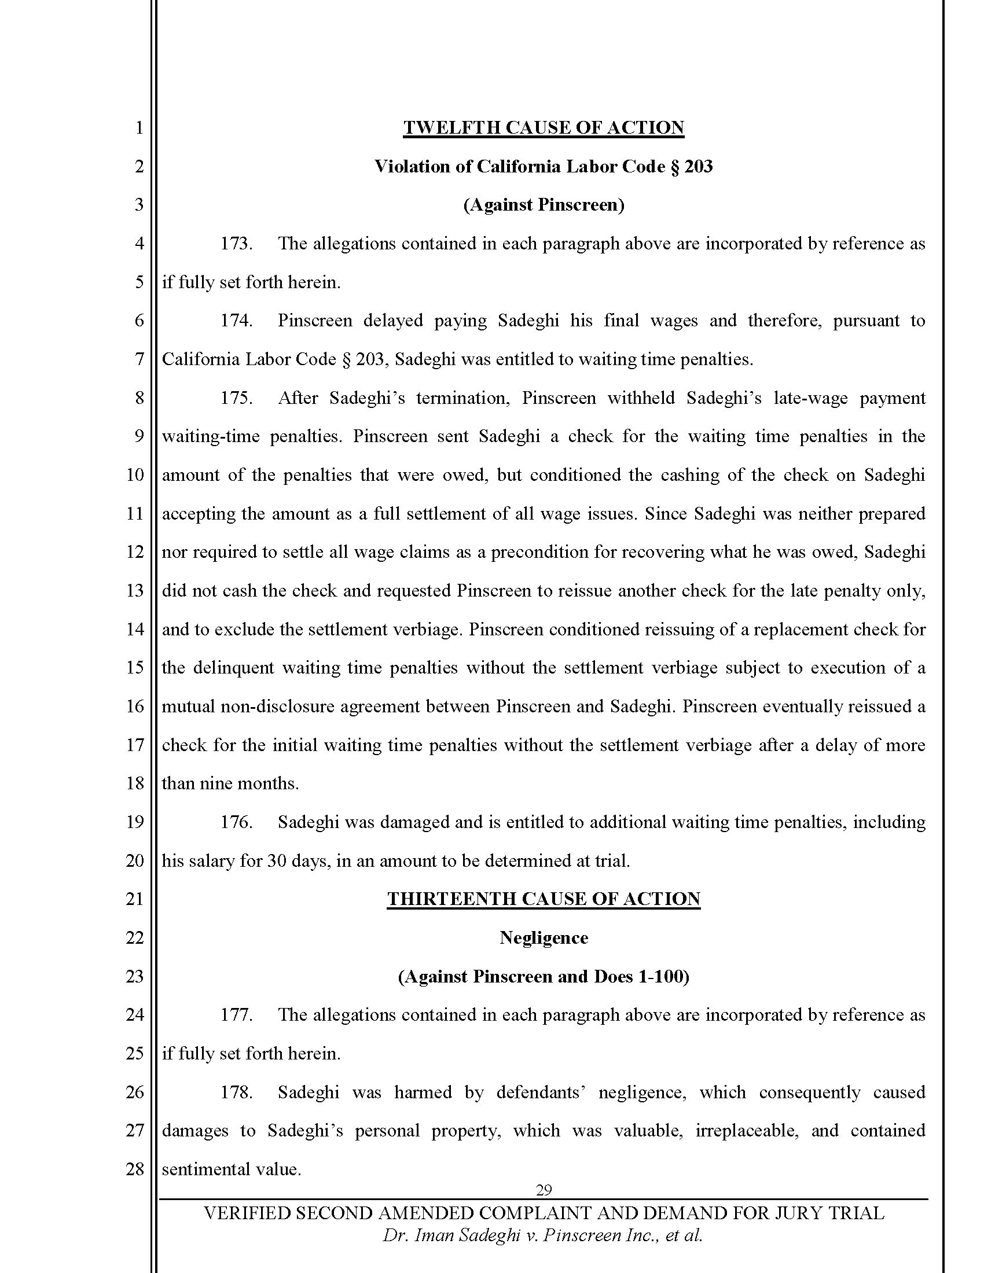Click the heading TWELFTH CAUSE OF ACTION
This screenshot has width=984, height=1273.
(544, 128)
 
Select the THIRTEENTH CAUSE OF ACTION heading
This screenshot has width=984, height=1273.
(544, 899)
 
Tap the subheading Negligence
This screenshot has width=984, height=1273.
(544, 937)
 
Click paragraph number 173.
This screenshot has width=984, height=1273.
(236, 244)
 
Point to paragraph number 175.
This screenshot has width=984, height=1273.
(236, 398)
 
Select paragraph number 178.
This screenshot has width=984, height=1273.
(236, 1092)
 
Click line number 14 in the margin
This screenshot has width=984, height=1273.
(135, 630)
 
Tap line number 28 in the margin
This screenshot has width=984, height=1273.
(135, 1169)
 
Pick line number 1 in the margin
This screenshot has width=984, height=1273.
(139, 128)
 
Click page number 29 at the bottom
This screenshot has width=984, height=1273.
(544, 1190)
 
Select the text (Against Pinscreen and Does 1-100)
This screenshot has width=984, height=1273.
(544, 976)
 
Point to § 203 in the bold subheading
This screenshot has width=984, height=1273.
(691, 167)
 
